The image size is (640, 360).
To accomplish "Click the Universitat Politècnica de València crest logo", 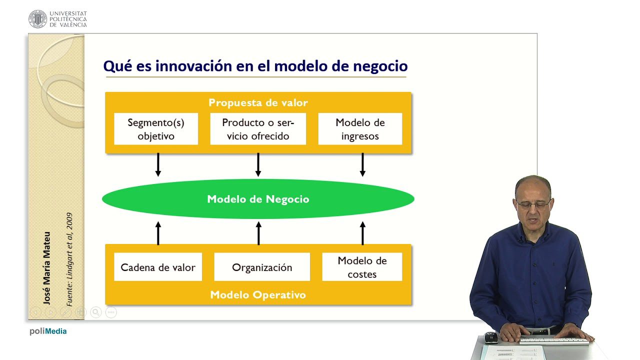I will click(37, 19).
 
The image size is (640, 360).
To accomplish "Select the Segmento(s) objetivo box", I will click(156, 129).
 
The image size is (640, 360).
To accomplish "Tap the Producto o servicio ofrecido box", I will click(258, 129).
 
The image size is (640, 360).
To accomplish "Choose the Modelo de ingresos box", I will click(360, 129).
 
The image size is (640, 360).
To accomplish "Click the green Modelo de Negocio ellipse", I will click(258, 199).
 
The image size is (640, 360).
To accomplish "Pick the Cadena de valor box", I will click(158, 267).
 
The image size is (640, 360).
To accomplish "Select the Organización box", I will click(262, 267).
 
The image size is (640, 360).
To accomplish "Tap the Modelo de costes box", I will click(362, 267).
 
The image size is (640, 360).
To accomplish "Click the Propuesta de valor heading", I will click(258, 103).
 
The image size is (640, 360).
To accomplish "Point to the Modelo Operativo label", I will click(258, 294).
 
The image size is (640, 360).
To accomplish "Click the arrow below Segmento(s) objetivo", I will click(158, 164).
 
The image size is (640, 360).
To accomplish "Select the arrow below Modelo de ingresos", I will click(362, 164).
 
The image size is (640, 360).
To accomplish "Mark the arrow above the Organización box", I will click(258, 233).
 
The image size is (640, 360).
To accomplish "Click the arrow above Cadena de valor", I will click(158, 233).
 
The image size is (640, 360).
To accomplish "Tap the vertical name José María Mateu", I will click(47, 268).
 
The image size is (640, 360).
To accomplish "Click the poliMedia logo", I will click(48, 331).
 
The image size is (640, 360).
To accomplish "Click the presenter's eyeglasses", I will click(533, 204).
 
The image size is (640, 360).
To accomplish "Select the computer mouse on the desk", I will click(491, 337).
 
